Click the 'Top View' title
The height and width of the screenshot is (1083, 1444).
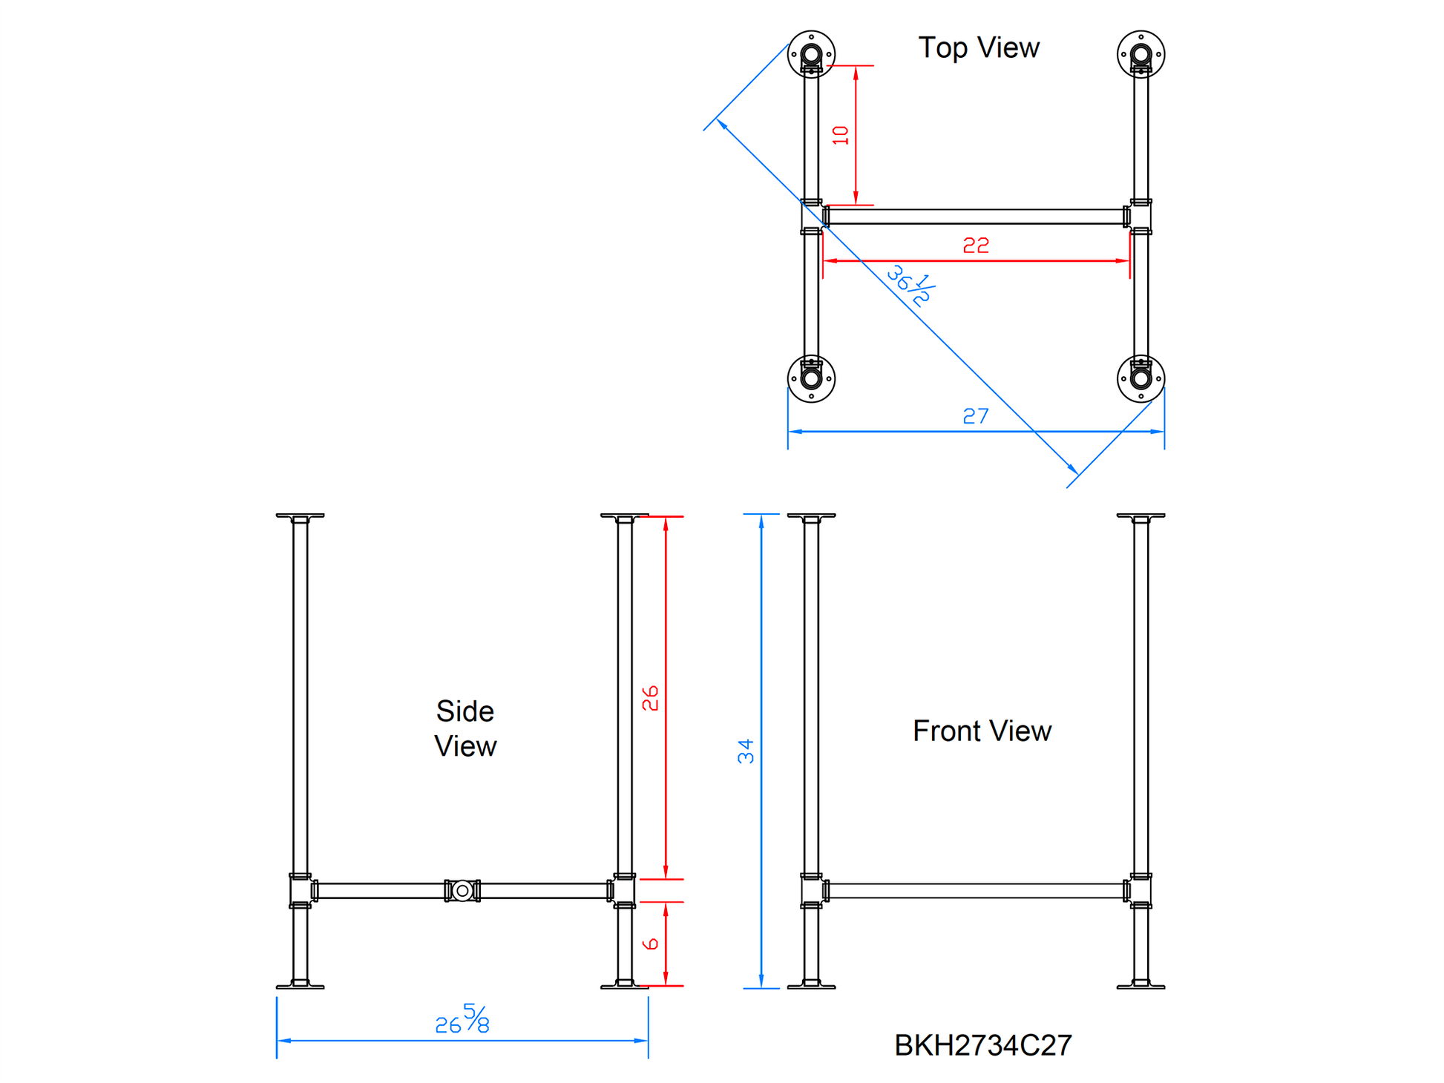[x=978, y=47]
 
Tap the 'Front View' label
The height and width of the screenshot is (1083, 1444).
[x=981, y=731]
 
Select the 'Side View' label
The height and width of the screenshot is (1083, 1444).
[x=465, y=728]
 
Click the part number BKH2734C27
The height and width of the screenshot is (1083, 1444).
[x=982, y=1045]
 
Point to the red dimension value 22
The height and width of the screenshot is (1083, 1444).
[x=975, y=245]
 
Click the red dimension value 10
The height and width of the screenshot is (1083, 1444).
[x=840, y=135]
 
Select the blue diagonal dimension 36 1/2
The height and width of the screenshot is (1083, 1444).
[x=910, y=286]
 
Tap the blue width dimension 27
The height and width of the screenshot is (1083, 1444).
[x=975, y=416]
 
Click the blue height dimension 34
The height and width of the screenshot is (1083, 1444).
[x=745, y=751]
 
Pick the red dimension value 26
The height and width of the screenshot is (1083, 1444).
[x=650, y=698]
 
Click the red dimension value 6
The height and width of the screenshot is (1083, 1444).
[x=650, y=944]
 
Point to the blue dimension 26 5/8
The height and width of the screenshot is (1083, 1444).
[x=462, y=1021]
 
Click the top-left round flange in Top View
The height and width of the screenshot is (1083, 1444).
[x=811, y=54]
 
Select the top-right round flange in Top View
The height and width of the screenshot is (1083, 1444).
[x=1141, y=54]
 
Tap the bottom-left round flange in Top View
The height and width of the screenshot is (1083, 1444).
[x=811, y=378]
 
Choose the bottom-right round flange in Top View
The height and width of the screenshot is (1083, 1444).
[x=1141, y=378]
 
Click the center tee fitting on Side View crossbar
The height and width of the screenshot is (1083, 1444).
[x=462, y=890]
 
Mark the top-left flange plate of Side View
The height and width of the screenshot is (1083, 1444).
[x=300, y=516]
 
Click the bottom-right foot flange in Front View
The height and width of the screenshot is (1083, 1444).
[x=1141, y=985]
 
